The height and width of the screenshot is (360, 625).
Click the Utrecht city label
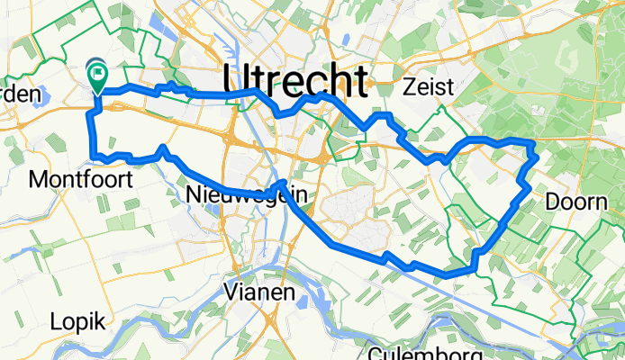[x=294, y=81]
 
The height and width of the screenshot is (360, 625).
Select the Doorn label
[x=576, y=202]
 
